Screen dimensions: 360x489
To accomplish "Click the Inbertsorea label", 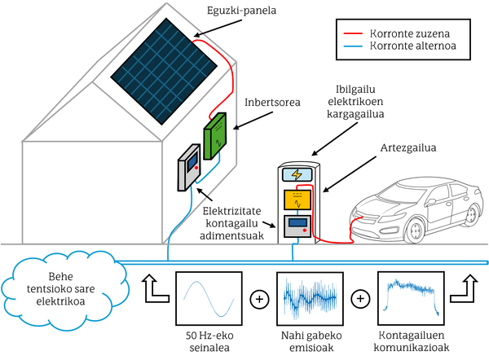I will tap(272, 103).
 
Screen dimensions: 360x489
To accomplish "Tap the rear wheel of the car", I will tap(472, 216).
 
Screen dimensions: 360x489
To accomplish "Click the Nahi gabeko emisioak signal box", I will tap(310, 299).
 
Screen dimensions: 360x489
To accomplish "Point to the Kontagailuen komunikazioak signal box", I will tap(410, 299).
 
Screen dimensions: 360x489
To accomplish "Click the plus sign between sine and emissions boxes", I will tap(260, 299).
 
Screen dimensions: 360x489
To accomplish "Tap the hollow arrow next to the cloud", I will tap(152, 289).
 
